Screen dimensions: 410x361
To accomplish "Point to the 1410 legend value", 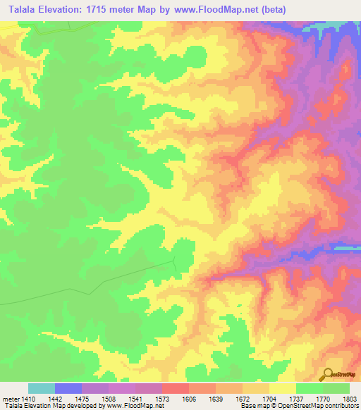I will point(28,399).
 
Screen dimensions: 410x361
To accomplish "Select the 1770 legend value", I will point(322,399).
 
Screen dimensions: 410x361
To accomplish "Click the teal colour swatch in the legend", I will point(42,388).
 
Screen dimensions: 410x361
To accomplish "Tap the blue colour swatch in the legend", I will point(68,388).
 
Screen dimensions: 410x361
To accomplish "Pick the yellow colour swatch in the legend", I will point(282,388).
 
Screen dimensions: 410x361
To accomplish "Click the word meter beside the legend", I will point(10,399).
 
